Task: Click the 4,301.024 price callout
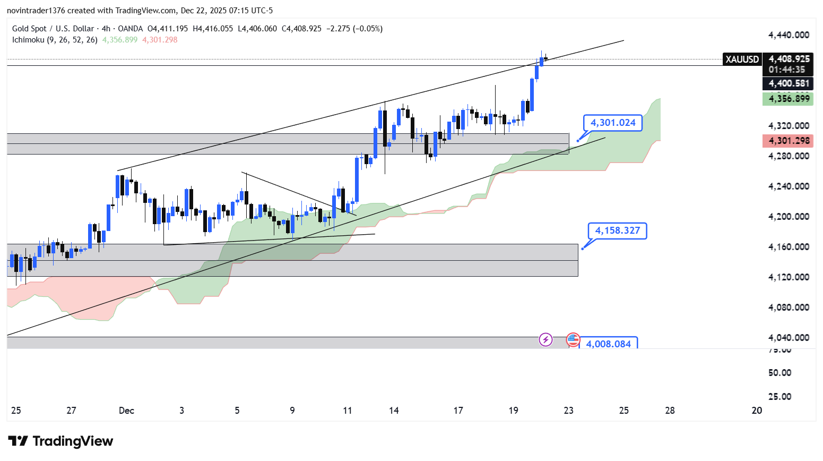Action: coord(613,123)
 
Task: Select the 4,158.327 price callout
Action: coord(617,230)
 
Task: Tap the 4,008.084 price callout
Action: coord(608,344)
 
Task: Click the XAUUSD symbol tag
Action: coord(742,59)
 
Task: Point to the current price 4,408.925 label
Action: coord(789,59)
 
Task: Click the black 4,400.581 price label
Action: coord(789,83)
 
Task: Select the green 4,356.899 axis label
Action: coord(789,99)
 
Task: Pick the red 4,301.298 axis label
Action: coord(789,141)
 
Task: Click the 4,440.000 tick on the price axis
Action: coord(789,35)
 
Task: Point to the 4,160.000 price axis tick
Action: coord(789,247)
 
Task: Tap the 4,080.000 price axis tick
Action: coord(789,308)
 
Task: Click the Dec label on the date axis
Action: coord(126,411)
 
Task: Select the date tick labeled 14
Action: coord(394,411)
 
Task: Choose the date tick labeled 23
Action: coord(568,411)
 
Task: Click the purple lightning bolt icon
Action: coord(545,339)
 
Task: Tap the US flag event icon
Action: coord(573,339)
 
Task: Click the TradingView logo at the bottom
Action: coord(60,441)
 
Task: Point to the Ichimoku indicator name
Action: coord(28,40)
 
